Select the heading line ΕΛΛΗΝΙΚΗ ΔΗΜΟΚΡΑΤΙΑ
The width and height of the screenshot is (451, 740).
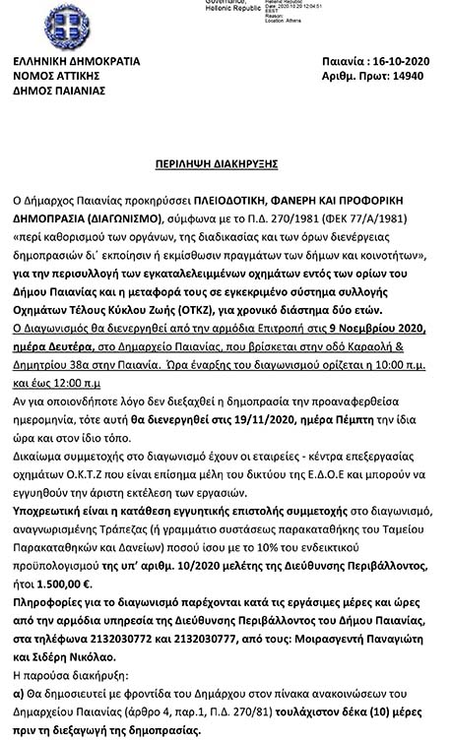(77, 61)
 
